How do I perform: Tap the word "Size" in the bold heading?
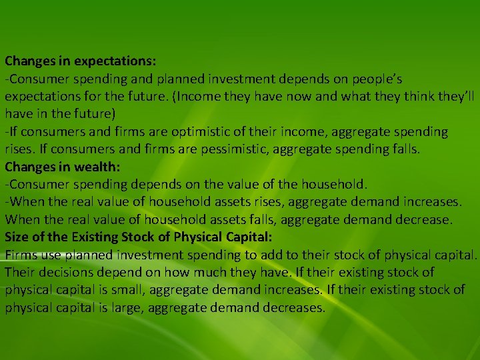pos(18,237)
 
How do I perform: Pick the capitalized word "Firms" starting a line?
pos(21,255)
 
